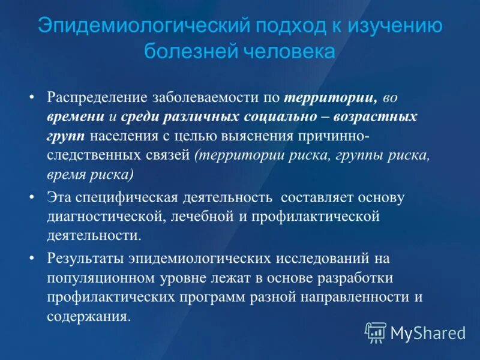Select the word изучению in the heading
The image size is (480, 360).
tap(395, 27)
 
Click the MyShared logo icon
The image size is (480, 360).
tap(376, 331)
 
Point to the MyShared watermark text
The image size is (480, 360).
tap(428, 332)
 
